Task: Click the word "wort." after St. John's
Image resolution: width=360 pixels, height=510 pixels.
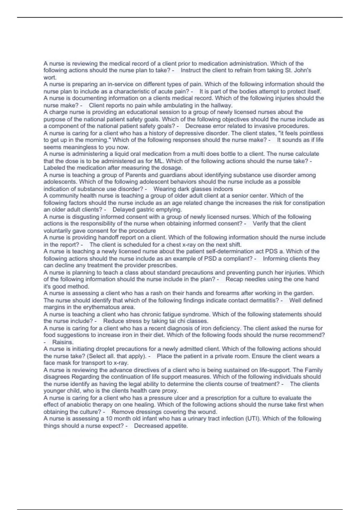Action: [50, 77]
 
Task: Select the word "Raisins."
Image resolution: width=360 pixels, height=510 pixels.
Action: [63, 342]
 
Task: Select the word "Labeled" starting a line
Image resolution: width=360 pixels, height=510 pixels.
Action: [54, 168]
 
